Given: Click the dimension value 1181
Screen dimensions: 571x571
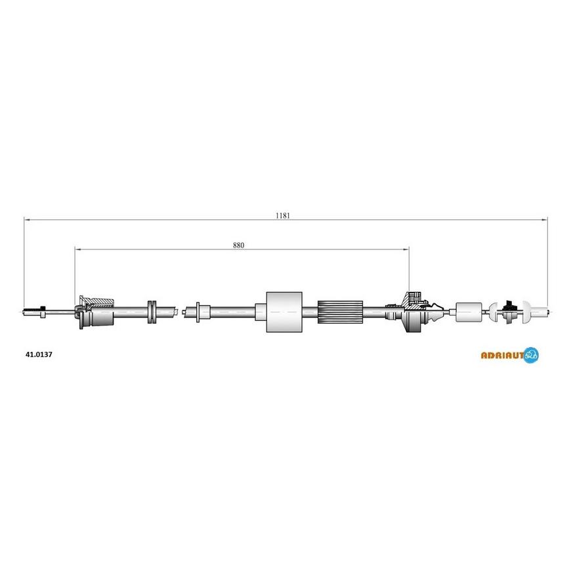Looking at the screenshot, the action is click(283, 215).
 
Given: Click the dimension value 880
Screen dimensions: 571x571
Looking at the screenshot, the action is click(238, 245).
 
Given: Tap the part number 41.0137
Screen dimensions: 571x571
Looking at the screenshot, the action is click(39, 354).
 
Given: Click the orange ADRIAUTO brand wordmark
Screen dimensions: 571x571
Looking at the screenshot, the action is click(503, 355).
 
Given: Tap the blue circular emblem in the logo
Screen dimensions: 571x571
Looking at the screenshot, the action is click(532, 355).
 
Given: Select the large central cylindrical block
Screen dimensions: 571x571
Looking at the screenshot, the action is click(284, 312).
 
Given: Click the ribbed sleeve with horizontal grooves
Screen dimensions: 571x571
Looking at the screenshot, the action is click(340, 312).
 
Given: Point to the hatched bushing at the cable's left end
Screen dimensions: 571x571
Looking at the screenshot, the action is click(95, 312).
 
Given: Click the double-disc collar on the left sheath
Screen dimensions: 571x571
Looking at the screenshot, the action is click(152, 312).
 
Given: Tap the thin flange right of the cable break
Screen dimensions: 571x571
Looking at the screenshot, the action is click(198, 312).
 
